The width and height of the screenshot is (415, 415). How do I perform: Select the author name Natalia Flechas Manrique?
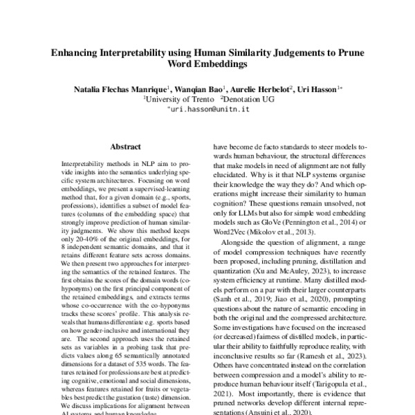click(x=120, y=89)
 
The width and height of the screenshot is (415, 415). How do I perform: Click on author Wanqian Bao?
click(x=196, y=89)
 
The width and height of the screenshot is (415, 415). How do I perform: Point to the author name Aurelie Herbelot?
click(x=257, y=89)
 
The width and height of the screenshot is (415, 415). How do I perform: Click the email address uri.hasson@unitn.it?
click(x=207, y=109)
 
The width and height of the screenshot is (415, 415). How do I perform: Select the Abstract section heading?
click(x=125, y=147)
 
